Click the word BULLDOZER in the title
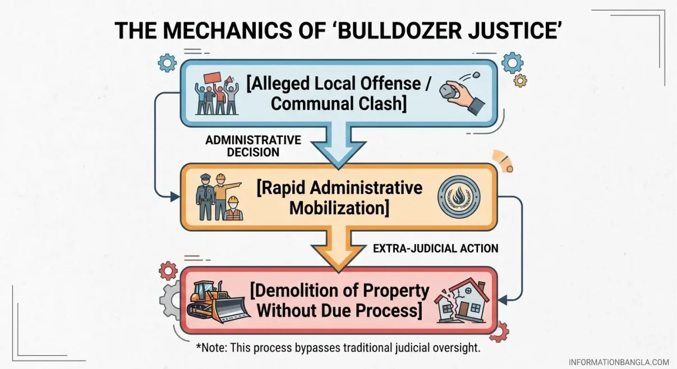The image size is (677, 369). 399,30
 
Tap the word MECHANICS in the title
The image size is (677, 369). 228,30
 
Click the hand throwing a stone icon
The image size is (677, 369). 462,93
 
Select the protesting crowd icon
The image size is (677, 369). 217,94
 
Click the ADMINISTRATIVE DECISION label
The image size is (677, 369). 254,146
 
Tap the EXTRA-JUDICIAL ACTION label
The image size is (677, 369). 435,248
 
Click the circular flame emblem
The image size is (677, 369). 459,197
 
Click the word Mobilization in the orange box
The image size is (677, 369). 339,208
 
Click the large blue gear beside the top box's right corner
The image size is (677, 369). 512,63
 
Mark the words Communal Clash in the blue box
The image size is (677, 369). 339,103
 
